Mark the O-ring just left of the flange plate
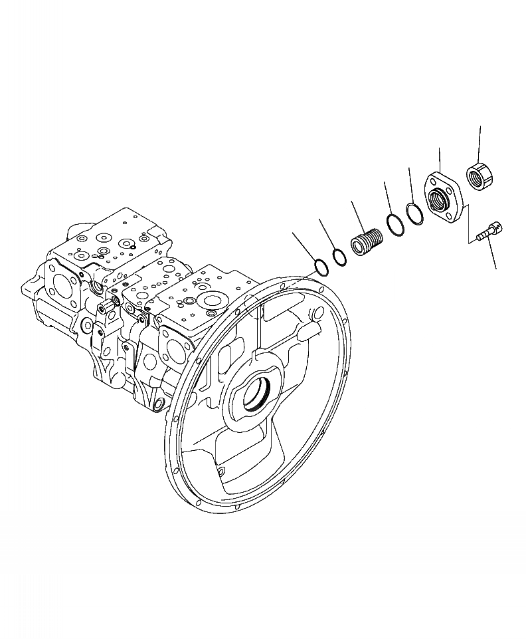(x=415, y=214)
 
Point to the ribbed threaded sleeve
(x=367, y=241)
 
